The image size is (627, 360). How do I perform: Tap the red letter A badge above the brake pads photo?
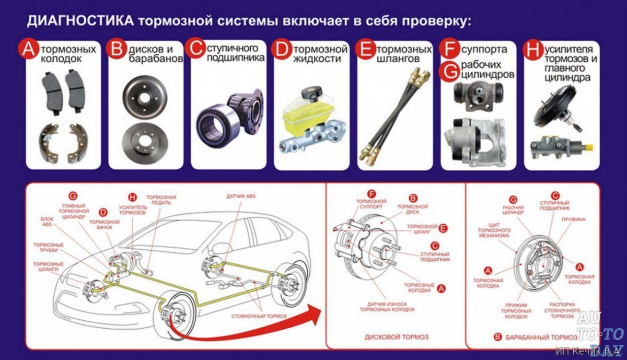tap(27, 50)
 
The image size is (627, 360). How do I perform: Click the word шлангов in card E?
tap(397, 59)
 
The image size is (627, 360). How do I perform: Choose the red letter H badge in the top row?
tap(532, 50)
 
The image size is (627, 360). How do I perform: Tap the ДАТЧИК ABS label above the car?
tap(240, 196)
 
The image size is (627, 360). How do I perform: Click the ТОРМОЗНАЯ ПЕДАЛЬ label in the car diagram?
tap(161, 200)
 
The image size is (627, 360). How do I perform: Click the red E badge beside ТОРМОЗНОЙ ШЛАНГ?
tap(444, 228)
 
